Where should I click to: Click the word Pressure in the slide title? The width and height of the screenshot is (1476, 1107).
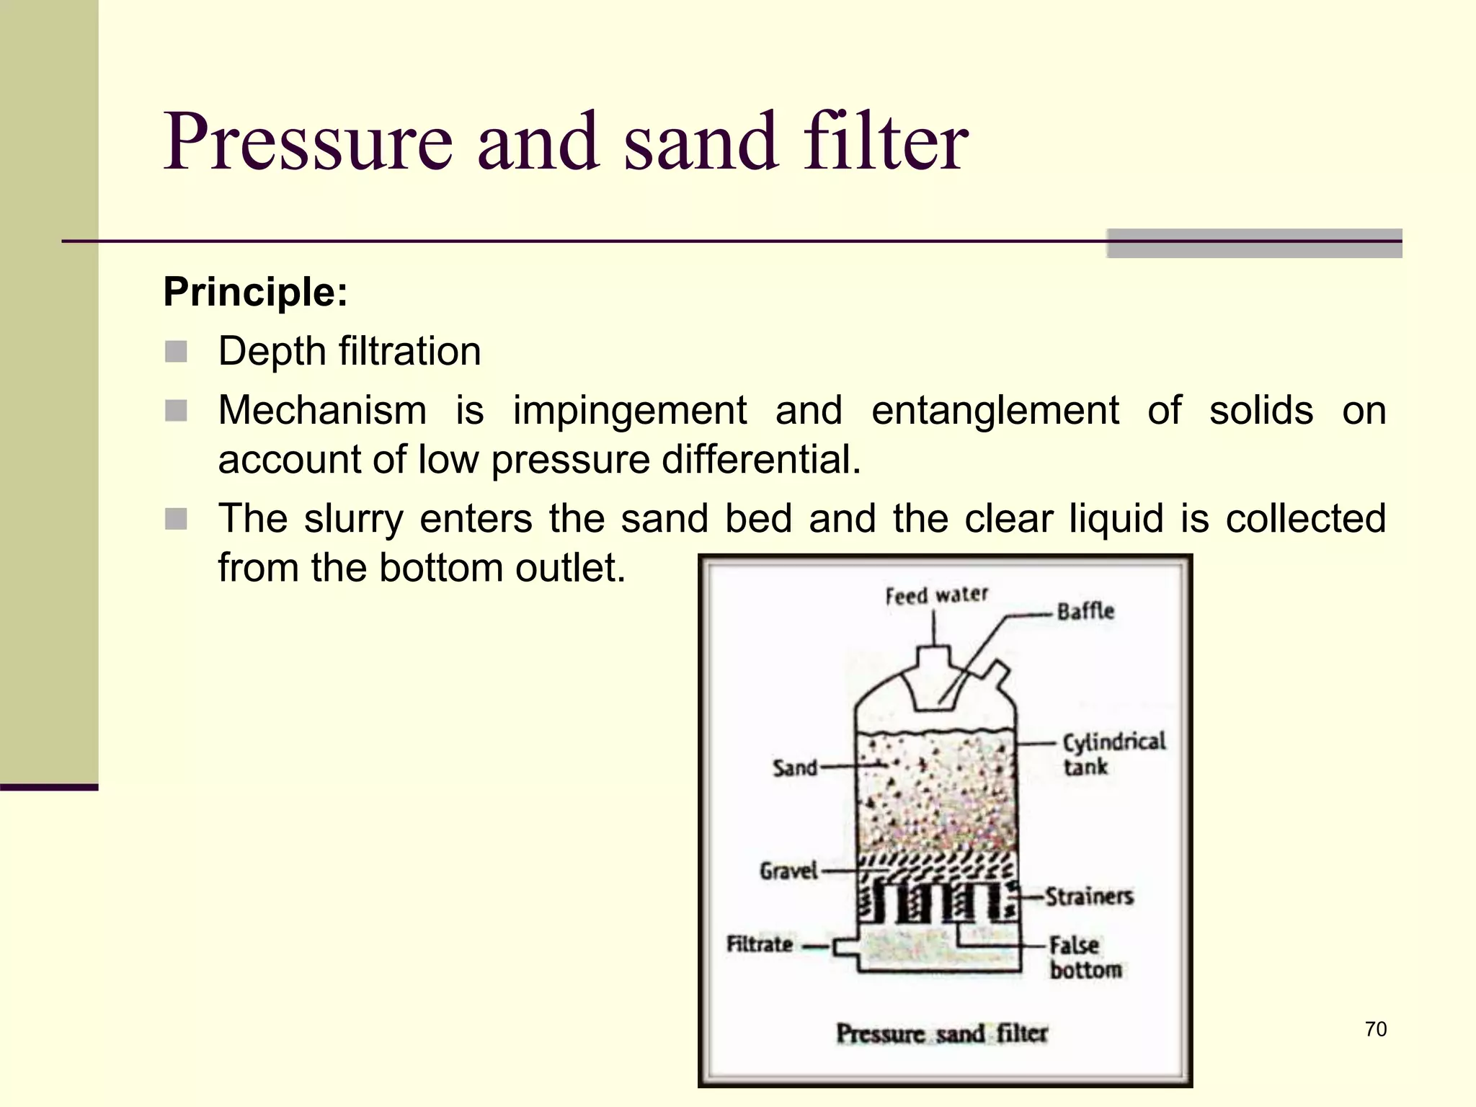tap(308, 142)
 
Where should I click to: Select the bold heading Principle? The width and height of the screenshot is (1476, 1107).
tap(255, 292)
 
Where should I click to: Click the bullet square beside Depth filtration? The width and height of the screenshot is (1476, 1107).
tap(176, 352)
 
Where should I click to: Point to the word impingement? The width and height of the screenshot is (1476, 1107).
tap(629, 412)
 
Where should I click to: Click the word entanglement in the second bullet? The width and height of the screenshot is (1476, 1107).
tap(995, 411)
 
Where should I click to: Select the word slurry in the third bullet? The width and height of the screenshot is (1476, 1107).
tap(353, 519)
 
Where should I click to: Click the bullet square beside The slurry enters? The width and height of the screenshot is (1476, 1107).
tap(176, 519)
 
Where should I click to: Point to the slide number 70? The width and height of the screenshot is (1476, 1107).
tap(1375, 1029)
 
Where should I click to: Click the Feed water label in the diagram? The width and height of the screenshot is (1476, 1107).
tap(936, 595)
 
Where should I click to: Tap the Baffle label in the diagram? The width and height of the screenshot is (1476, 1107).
tap(1085, 612)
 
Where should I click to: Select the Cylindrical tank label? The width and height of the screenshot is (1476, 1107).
tap(1113, 754)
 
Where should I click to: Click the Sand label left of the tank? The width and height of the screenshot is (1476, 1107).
tap(795, 768)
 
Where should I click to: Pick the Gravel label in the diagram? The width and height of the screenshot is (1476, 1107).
tap(788, 871)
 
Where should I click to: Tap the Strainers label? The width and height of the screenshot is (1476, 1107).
tap(1089, 897)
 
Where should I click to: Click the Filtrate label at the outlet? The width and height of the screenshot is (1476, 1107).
tap(760, 944)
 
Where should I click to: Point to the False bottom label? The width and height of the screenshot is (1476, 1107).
tap(1084, 957)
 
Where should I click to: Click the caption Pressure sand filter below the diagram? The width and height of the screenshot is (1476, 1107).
tap(941, 1033)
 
